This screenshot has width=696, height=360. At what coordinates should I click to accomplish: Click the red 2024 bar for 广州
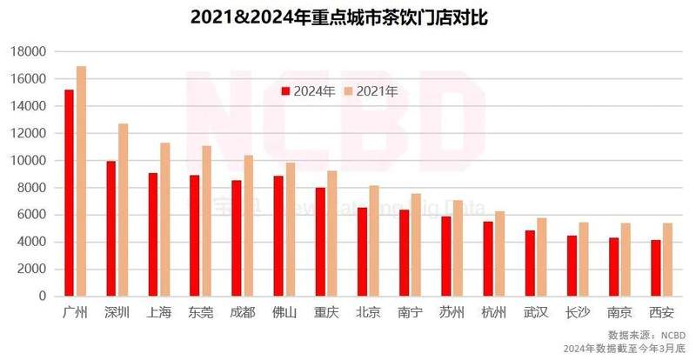tap(69, 193)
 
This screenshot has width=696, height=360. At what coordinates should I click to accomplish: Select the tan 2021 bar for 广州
tap(82, 181)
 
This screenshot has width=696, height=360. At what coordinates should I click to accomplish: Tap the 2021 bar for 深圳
tap(124, 210)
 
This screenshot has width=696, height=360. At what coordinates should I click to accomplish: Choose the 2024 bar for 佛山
tap(278, 236)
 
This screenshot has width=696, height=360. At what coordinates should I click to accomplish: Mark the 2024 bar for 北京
tap(361, 251)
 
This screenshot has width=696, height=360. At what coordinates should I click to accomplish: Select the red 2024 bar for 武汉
tap(529, 263)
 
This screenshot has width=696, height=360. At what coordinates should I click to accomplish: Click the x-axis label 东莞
tap(200, 312)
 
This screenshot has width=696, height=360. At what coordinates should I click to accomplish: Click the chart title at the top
tap(348, 17)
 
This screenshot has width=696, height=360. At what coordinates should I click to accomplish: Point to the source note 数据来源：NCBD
tap(646, 335)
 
